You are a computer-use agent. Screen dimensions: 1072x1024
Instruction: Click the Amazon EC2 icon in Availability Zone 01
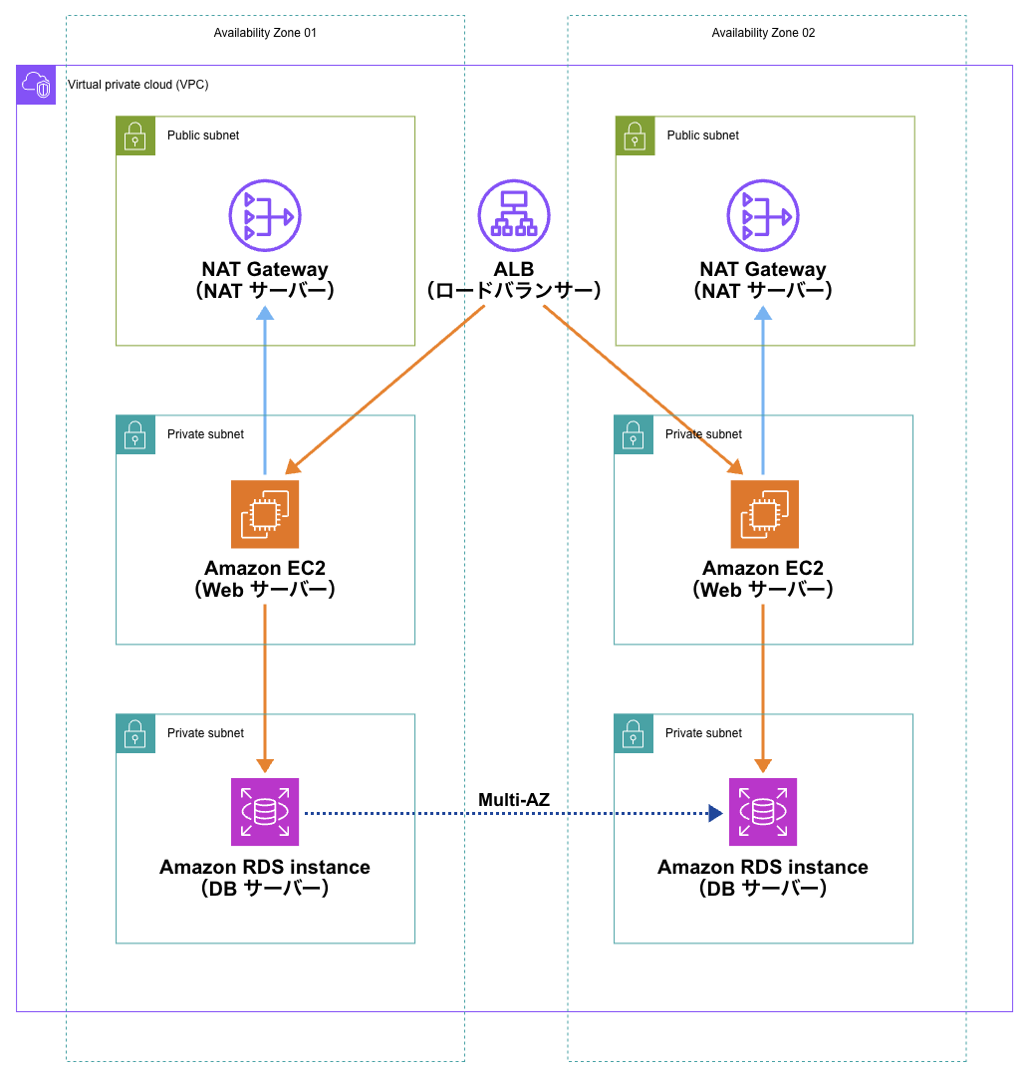[265, 514]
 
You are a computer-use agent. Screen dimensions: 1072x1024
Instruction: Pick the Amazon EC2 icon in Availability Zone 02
[764, 514]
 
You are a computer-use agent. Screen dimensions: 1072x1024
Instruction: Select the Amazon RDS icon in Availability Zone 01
[265, 812]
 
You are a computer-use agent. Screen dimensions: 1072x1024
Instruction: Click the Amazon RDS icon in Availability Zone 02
[763, 812]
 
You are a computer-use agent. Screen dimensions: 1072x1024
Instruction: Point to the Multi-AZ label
[514, 799]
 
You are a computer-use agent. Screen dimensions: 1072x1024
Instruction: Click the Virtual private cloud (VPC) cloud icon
[36, 85]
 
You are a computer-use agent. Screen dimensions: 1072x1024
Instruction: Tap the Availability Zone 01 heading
[265, 33]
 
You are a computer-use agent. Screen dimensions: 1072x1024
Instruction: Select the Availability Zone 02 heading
[763, 33]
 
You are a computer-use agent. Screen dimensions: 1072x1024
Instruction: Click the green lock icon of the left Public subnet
[135, 135]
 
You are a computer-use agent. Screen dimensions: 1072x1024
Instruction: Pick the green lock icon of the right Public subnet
[635, 135]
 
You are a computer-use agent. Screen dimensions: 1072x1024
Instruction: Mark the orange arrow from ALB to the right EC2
[642, 389]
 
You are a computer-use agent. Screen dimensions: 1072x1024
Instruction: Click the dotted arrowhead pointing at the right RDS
[714, 813]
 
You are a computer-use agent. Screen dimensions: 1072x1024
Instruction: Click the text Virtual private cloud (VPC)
[137, 85]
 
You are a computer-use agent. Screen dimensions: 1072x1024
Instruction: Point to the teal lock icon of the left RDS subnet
[135, 733]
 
